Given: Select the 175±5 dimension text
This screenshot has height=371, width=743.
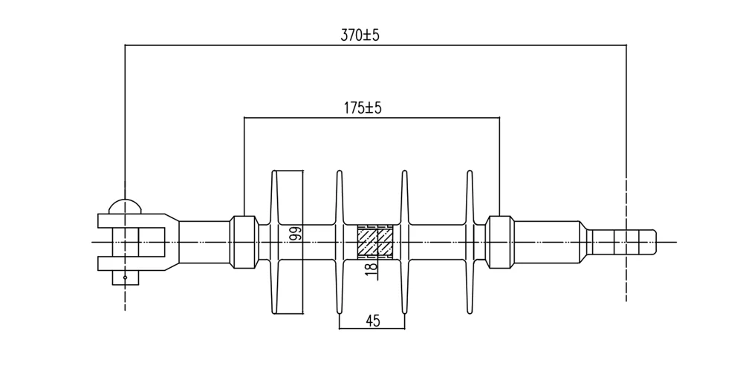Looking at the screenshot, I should click(x=363, y=108).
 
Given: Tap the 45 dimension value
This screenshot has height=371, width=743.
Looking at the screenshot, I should click(x=373, y=321).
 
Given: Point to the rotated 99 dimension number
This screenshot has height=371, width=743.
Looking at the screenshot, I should click(x=295, y=234).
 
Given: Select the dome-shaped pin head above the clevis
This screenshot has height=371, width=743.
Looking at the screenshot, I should click(x=125, y=206).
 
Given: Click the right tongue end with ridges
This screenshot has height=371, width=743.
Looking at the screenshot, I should click(x=623, y=242).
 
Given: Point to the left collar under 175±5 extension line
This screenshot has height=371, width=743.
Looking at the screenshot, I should click(x=244, y=241).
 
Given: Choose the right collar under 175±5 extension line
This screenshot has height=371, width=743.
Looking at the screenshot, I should click(x=499, y=241).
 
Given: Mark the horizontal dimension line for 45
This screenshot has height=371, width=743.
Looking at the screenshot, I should click(x=371, y=329).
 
